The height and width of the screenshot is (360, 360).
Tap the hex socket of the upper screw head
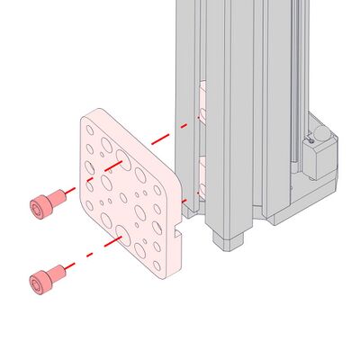pyautogui.click(x=37, y=208)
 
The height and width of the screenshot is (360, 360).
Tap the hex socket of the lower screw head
pyautogui.click(x=37, y=284)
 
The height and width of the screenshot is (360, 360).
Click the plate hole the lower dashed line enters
pyautogui.click(x=120, y=240)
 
